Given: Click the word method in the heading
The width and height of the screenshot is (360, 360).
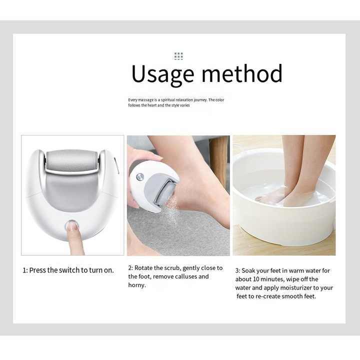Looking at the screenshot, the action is coord(242,73).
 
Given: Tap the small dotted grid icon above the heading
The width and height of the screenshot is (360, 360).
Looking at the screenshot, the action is coord(178,56).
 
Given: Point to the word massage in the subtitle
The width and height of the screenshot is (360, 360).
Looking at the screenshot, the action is coord(145,100).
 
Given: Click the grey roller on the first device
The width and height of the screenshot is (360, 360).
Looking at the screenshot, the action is coord(71,160).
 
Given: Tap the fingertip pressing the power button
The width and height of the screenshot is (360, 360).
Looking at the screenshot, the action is coord(72,226).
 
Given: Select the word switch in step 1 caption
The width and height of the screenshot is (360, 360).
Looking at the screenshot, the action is coord(69,270).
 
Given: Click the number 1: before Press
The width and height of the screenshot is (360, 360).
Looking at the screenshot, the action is coord(25,270).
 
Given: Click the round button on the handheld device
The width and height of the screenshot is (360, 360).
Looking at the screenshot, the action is coord(140,177).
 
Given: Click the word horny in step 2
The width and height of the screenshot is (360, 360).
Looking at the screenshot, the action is coord(136,285).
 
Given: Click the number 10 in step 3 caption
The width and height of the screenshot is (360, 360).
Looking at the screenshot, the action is coord(256,279).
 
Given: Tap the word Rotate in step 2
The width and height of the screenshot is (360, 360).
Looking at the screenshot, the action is coord(143,268).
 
